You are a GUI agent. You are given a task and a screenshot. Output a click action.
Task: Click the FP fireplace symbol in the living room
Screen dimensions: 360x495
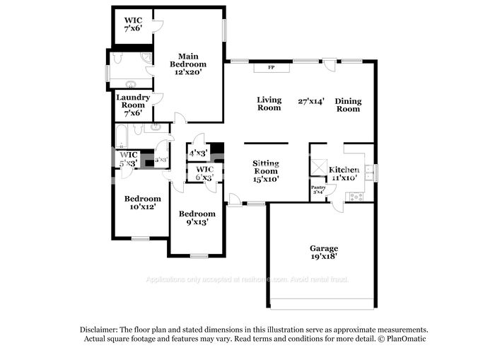click(x=271, y=68)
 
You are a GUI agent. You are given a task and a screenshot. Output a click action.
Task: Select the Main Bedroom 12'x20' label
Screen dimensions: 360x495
click(x=188, y=64)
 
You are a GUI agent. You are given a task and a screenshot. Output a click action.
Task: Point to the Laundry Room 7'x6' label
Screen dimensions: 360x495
click(x=133, y=105)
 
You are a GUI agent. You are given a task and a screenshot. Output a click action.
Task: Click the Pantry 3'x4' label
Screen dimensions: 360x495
click(x=318, y=189)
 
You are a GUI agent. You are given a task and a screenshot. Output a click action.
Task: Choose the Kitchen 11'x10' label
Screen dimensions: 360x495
click(x=344, y=174)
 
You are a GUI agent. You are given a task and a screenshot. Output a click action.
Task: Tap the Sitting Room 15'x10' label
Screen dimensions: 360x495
click(x=266, y=170)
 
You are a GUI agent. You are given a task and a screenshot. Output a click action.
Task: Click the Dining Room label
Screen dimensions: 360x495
click(x=348, y=105)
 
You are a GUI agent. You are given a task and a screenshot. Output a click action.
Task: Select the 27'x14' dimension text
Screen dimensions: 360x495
click(x=311, y=101)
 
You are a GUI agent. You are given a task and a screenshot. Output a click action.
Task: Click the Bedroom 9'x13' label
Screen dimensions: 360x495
click(x=197, y=218)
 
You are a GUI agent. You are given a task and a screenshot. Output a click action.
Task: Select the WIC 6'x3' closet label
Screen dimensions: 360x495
click(x=205, y=174)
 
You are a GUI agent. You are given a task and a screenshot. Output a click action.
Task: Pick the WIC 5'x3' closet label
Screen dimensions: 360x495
click(x=128, y=159)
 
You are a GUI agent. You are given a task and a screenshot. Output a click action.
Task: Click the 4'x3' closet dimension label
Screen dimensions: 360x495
click(x=197, y=153)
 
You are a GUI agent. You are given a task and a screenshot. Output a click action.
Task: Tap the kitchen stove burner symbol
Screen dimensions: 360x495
click(x=355, y=196)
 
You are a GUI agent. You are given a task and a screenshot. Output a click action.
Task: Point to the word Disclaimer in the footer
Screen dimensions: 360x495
click(x=100, y=330)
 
